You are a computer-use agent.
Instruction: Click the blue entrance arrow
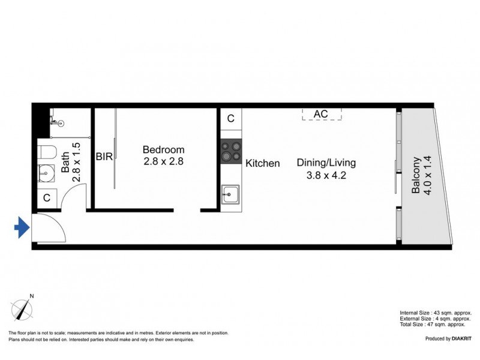[x=22, y=227]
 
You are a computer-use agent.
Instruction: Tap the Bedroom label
[x=163, y=149]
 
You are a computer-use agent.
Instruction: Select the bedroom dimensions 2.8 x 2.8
[x=163, y=161]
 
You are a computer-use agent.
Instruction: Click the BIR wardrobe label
[x=104, y=157]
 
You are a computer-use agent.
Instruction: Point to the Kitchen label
[x=263, y=163]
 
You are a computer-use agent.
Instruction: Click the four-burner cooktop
[x=231, y=151]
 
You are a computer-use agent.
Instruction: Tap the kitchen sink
[x=230, y=194]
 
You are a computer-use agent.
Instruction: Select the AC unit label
[x=321, y=114]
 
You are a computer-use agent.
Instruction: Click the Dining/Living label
[x=326, y=163]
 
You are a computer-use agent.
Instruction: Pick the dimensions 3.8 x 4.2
[x=326, y=175]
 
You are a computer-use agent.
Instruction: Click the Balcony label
[x=416, y=175]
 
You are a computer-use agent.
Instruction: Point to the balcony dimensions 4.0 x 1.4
[x=427, y=175]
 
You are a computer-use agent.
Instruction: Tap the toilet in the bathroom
[x=48, y=152]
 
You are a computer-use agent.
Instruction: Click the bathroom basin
[x=46, y=173]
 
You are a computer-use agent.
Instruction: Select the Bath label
[x=65, y=163]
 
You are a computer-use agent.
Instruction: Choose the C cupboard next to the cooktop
[x=231, y=118]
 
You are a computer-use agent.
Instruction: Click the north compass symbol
[x=22, y=308]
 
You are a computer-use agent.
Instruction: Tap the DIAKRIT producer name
[x=461, y=338]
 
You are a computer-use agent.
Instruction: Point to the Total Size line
[x=433, y=324]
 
